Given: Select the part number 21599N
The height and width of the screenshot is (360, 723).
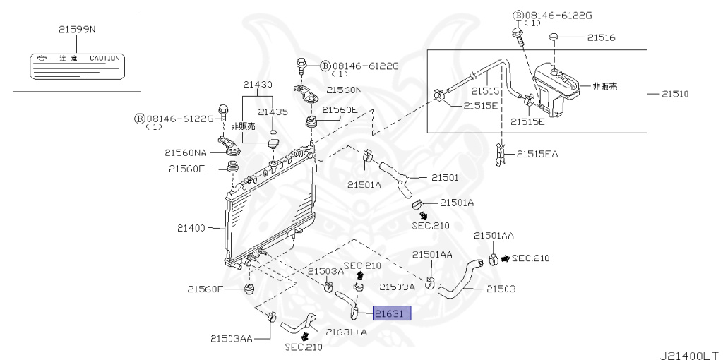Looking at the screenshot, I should coord(77,30).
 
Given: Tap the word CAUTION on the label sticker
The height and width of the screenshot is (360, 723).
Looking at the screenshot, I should coord(104,58).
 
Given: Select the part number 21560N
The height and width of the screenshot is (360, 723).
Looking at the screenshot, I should coord(343,90).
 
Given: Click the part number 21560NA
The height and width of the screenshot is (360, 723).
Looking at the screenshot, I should coord(186,152).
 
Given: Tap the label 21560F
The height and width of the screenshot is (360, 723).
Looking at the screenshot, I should coord(205,288).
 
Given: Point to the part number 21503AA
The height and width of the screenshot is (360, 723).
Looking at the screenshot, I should coord(231,338).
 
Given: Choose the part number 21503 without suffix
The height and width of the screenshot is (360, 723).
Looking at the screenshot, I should coord(501,288).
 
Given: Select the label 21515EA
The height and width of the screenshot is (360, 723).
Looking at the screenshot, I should coord(537,153).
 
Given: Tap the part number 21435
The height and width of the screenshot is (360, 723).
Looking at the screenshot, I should coord(273,112).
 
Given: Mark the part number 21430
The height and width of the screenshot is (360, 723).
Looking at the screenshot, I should coord(258,84).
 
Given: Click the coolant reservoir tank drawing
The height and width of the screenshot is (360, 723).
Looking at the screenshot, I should coord(556,88).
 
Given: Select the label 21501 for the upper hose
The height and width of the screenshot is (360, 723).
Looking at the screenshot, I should coord(445,178).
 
